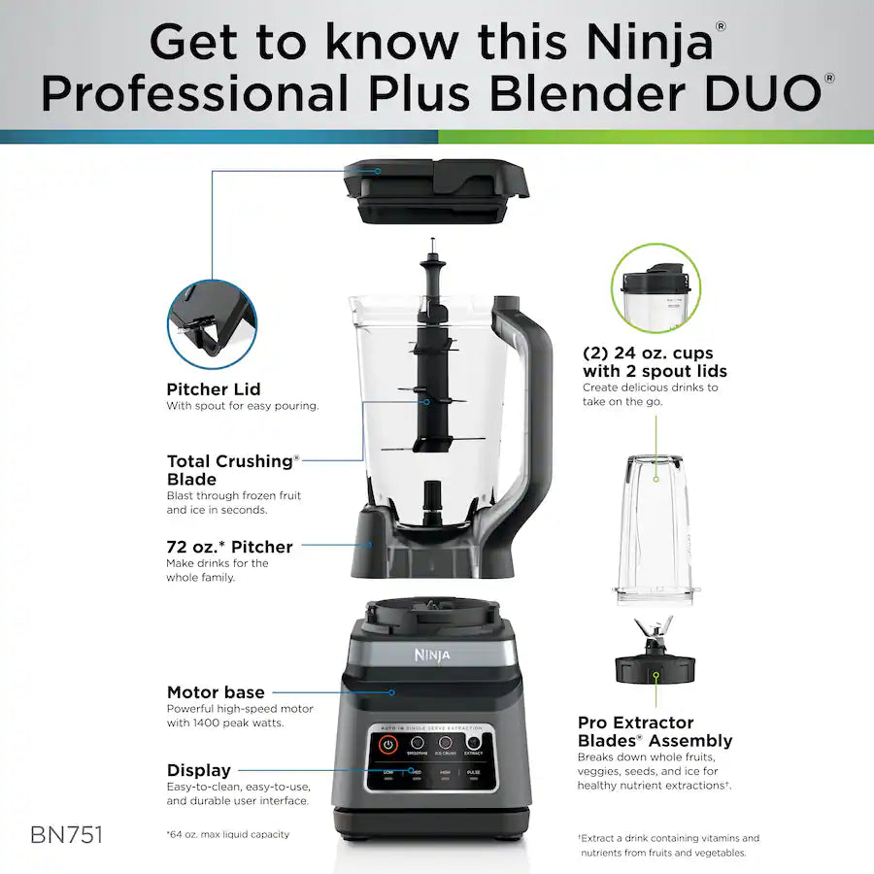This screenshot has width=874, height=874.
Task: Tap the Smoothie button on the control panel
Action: pyautogui.click(x=418, y=743)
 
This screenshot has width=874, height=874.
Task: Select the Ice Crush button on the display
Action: pyautogui.click(x=446, y=743)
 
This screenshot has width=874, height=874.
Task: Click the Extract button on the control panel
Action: pyautogui.click(x=474, y=743)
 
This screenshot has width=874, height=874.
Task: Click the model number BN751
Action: pyautogui.click(x=66, y=834)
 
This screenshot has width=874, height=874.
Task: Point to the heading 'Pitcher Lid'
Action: pyautogui.click(x=213, y=389)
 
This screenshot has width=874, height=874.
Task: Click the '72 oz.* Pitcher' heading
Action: pyautogui.click(x=229, y=547)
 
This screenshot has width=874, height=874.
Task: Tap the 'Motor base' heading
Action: pyautogui.click(x=216, y=692)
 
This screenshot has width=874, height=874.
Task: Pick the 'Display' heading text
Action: pyautogui.click(x=199, y=770)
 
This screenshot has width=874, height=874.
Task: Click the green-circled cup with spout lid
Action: pyautogui.click(x=655, y=288)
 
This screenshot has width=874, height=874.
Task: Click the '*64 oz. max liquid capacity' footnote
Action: pyautogui.click(x=227, y=834)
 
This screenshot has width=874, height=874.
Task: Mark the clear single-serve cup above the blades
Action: pyautogui.click(x=654, y=529)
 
